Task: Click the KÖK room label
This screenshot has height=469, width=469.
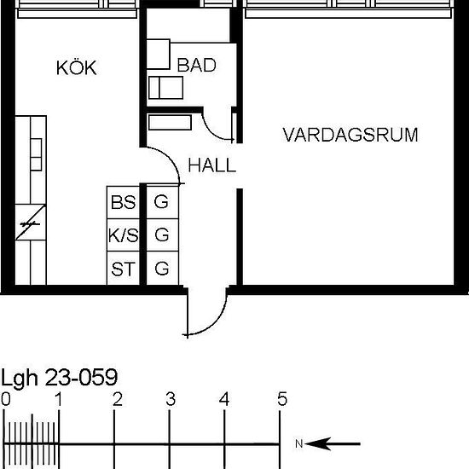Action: pyautogui.click(x=77, y=67)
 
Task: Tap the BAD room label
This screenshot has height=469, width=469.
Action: pyautogui.click(x=196, y=65)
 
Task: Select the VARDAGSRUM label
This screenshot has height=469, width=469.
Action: pyautogui.click(x=350, y=135)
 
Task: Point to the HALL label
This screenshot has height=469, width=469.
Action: pyautogui.click(x=212, y=165)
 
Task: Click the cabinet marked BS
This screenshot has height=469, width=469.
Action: pyautogui.click(x=124, y=202)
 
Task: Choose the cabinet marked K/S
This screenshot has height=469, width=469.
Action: pyautogui.click(x=124, y=235)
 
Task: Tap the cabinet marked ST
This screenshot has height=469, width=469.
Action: pyautogui.click(x=124, y=268)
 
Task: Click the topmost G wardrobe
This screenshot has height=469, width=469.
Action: pyautogui.click(x=162, y=202)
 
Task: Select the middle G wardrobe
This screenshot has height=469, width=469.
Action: pyautogui.click(x=162, y=235)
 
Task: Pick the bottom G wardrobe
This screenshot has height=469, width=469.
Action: pyautogui.click(x=162, y=268)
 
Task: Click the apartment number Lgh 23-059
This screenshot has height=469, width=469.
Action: pyautogui.click(x=59, y=378)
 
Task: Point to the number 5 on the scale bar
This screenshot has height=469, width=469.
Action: pyautogui.click(x=282, y=399)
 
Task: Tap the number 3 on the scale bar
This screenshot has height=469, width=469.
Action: pyautogui.click(x=171, y=399)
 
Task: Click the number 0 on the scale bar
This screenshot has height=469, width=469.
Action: pyautogui.click(x=6, y=399)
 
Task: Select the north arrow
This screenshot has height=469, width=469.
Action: pyautogui.click(x=333, y=443)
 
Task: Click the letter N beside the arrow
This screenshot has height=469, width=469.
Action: pyautogui.click(x=299, y=443)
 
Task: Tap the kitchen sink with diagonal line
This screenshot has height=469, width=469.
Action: pyautogui.click(x=31, y=223)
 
